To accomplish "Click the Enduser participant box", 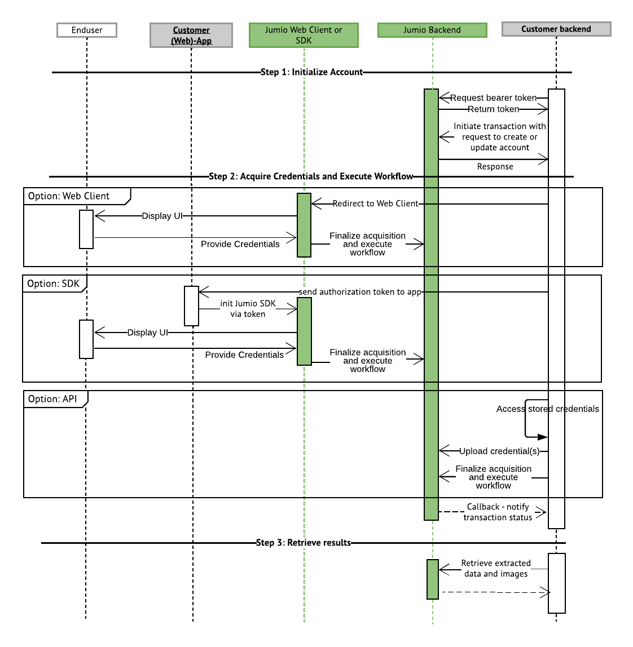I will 87,30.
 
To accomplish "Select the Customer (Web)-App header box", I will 191,35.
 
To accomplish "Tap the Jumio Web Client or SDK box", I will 304,35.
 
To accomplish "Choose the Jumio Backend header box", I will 432,30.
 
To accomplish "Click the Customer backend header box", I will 556,29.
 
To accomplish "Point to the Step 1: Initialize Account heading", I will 311,72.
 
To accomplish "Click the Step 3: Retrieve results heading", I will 303,543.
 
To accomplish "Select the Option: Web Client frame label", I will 69,196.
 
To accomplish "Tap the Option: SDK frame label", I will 54,283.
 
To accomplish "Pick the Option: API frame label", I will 52,399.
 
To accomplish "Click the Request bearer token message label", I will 493,98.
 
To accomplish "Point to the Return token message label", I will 493,109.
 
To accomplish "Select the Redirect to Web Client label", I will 375,203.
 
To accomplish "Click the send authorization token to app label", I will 360,292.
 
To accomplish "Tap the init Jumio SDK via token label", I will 248,309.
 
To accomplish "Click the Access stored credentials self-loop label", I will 547,409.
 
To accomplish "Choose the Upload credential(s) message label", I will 499,451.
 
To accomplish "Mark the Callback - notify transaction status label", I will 498,512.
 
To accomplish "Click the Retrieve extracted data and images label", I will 496,569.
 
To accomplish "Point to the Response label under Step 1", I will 495,167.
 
